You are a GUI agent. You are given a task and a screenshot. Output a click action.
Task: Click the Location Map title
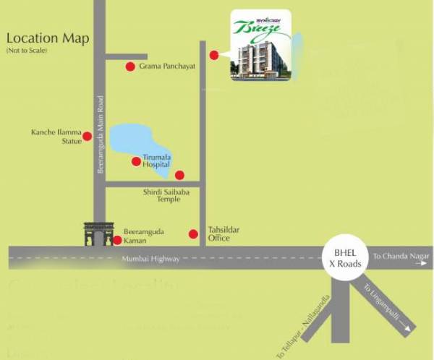click(x=48, y=38)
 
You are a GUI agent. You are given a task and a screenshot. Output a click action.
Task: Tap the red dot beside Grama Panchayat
click(x=130, y=67)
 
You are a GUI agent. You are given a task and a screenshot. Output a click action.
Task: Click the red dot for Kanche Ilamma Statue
click(x=87, y=136)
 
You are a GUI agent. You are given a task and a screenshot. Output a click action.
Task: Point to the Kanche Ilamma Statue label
click(x=56, y=137)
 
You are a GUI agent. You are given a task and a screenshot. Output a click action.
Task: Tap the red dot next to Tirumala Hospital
click(x=136, y=160)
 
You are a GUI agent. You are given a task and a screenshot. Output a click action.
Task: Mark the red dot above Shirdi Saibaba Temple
click(x=179, y=174)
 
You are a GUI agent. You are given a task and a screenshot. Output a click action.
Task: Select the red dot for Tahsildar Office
click(x=193, y=233)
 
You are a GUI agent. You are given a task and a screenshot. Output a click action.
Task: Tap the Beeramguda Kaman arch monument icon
click(x=97, y=233)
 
